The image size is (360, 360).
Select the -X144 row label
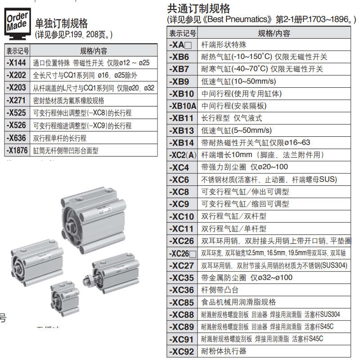click(x=17, y=63)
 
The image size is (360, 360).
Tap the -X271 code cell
click(x=17, y=100)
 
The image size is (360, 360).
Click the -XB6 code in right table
click(x=181, y=57)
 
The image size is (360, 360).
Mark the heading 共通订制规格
click(x=198, y=9)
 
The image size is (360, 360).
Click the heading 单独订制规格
click(x=61, y=23)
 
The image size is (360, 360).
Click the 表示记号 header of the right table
click(x=182, y=33)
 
